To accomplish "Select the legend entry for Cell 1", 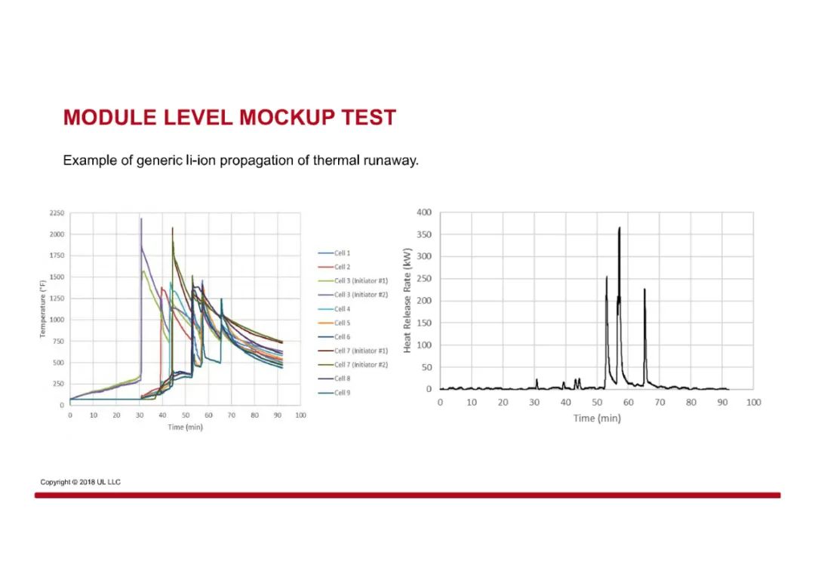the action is (x=334, y=253).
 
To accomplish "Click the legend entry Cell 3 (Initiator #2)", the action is (x=353, y=295).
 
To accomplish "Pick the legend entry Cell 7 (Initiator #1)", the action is (x=353, y=351).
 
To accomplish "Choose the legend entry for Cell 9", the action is (x=334, y=393).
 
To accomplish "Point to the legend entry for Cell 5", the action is (x=334, y=323).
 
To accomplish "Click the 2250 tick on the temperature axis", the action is (x=57, y=213).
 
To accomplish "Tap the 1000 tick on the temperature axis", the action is (x=57, y=320).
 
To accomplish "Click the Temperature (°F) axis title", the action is (x=42, y=308).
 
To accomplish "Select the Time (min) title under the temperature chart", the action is (x=185, y=427).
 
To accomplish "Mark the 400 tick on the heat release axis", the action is (x=424, y=212).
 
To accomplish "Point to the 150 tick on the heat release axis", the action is (x=424, y=323).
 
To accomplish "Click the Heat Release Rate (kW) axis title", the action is (x=407, y=300).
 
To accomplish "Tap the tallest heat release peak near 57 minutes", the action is (x=620, y=228).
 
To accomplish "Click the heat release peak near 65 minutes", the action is (x=644, y=290).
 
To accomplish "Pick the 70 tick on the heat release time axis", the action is (x=660, y=402).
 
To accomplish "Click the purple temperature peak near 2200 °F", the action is (x=141, y=219).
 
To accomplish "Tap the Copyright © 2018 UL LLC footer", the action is (x=81, y=482).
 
